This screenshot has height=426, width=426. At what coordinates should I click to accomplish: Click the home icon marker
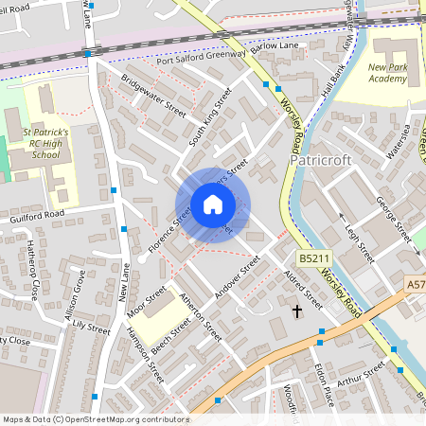(x=213, y=204)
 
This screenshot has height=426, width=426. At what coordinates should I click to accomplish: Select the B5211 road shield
(x=314, y=258)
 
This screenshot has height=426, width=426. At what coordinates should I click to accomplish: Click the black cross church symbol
(x=296, y=310)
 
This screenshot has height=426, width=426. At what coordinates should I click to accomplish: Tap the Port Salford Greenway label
(x=202, y=60)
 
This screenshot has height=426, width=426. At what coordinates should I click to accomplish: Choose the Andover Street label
(x=237, y=278)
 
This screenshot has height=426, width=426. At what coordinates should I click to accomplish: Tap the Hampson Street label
(x=145, y=354)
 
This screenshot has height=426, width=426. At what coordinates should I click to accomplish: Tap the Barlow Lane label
(x=275, y=44)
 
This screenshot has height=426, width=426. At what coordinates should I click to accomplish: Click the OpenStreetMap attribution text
(x=95, y=419)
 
